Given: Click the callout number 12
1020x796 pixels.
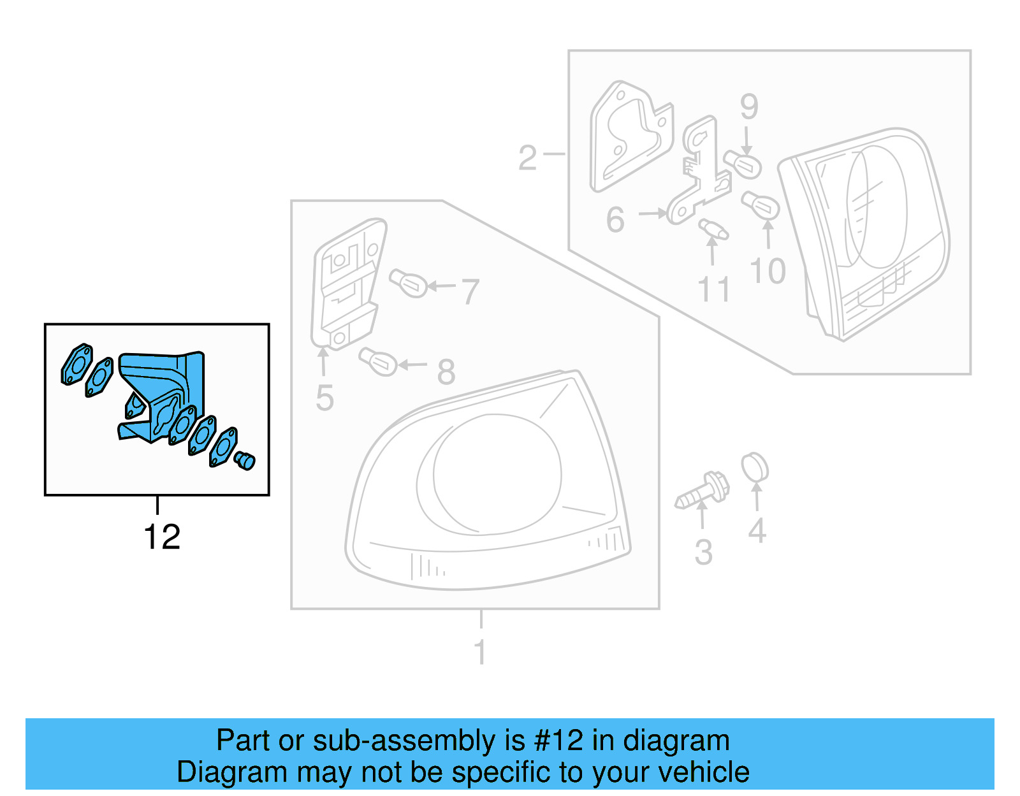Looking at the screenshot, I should point(162,537).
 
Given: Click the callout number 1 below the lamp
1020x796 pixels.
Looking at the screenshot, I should point(481,652).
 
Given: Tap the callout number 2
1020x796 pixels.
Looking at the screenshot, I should point(527,157).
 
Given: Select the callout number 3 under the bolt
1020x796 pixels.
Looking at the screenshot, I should point(703,552).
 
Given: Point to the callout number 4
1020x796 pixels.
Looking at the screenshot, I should point(757,530).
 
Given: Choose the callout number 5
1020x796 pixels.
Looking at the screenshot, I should point(324,398).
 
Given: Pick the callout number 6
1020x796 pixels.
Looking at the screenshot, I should point(615,219).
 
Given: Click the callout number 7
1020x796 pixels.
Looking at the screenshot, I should point(470,291).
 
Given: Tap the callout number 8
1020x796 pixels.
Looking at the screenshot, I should point(446,372).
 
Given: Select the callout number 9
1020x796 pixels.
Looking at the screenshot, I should point(749,106).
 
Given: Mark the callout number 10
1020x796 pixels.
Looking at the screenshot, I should point(768,271).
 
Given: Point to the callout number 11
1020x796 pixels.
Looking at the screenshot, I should point(713,289).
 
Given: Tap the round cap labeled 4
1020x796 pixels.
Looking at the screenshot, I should point(755,468).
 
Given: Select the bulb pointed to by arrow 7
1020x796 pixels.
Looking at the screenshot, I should point(409,282).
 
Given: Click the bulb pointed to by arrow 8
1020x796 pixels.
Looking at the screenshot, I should point(379,361).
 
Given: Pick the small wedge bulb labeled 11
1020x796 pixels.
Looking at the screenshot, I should point(713,229).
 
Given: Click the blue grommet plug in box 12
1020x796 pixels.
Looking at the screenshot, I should point(244,460).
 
